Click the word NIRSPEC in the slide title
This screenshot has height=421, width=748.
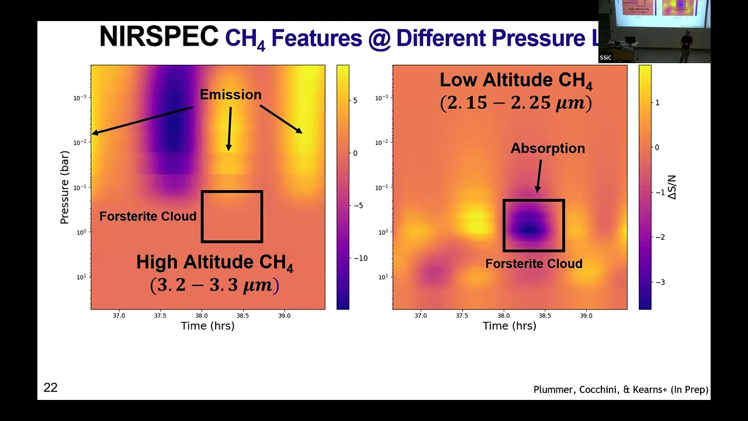coord(158,37)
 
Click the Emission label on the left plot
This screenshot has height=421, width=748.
coord(230,95)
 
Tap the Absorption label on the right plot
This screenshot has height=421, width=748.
coord(548,149)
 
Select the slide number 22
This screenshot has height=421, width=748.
coord(51,388)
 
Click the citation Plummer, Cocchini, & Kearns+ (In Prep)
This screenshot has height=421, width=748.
coord(621,389)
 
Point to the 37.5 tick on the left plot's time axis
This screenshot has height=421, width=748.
coord(160,316)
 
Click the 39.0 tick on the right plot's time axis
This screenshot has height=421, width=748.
coord(586,316)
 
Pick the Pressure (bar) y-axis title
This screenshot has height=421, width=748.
coord(64,187)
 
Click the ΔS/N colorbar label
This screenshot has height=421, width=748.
coord(673,187)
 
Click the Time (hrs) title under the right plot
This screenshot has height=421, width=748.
coord(509,326)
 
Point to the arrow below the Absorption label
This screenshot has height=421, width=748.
coord(539,175)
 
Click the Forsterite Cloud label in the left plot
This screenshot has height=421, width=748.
coord(148,216)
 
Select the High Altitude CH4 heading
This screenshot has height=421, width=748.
coord(214,263)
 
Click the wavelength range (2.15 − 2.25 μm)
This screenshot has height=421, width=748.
coord(515,103)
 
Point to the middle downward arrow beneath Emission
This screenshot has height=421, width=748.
coord(229,129)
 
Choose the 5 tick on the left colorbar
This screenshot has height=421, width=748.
coord(355,101)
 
